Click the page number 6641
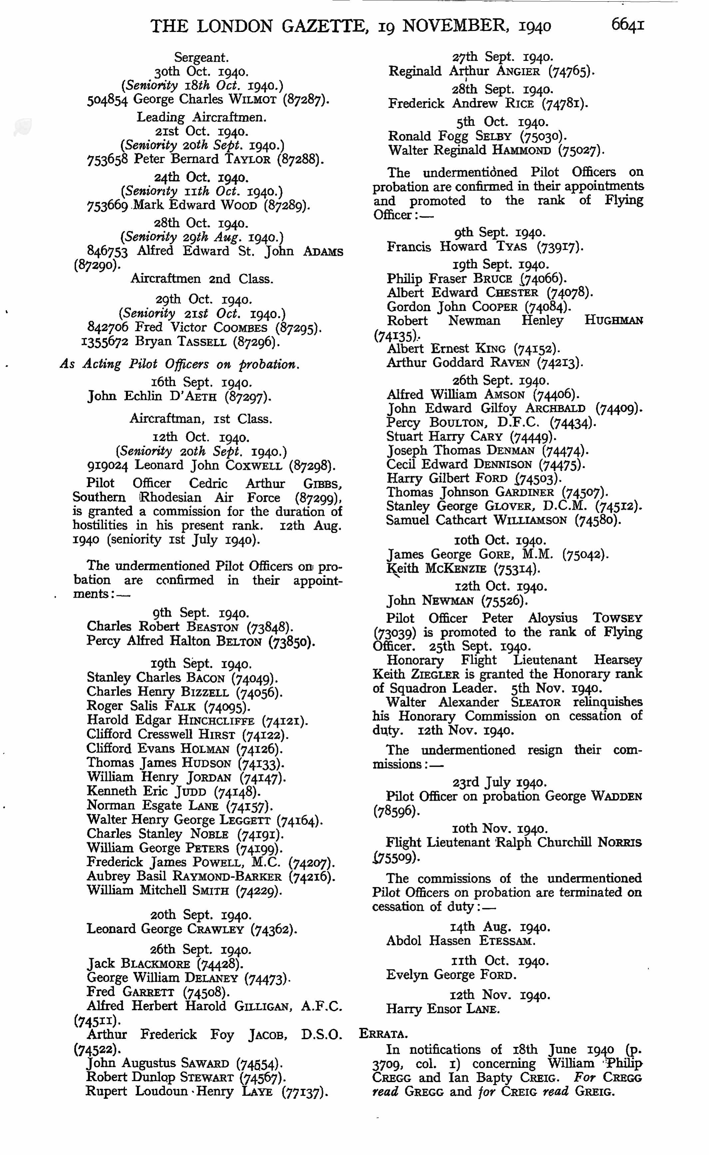(627, 24)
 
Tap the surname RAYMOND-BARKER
(227, 876)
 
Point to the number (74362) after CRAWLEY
(273, 929)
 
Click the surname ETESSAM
(507, 941)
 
